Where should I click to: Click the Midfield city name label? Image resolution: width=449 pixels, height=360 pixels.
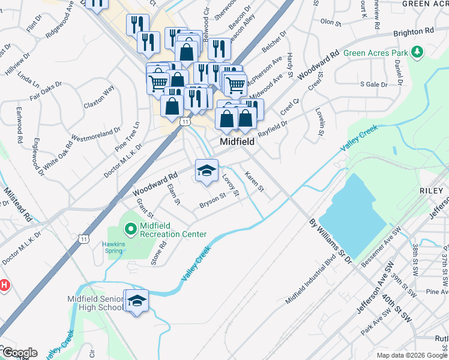(x=237, y=143)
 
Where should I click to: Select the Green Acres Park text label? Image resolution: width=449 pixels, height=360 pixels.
(x=376, y=53)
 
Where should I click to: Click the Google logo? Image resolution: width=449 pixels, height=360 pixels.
(x=19, y=353)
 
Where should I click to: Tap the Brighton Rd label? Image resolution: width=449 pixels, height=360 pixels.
(x=413, y=31)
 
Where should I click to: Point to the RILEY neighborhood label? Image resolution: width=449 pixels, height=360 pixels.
(x=432, y=190)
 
